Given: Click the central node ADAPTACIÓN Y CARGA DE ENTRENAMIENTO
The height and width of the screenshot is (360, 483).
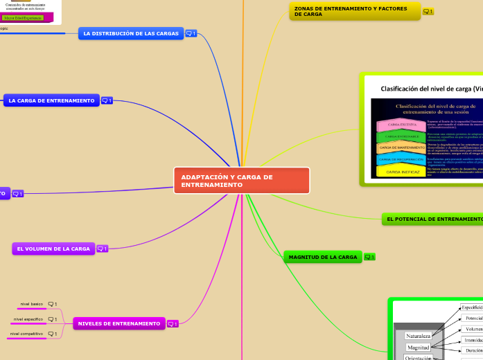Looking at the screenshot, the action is [241, 181].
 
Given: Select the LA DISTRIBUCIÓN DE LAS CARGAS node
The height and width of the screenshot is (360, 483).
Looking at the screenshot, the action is [130, 33].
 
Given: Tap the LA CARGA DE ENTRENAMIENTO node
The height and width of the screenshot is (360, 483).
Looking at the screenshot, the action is [51, 100].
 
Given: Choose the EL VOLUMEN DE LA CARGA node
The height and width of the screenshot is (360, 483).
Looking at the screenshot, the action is [53, 249].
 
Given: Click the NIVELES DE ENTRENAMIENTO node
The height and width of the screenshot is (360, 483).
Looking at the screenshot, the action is [118, 323].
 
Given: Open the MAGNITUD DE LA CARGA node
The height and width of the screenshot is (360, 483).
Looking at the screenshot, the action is [322, 257].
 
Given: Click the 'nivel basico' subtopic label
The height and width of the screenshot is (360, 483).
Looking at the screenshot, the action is [32, 304].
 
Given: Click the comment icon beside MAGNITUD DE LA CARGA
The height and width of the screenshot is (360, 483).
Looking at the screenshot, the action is [369, 258].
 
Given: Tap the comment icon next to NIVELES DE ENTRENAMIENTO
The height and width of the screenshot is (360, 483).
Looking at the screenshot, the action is [172, 323].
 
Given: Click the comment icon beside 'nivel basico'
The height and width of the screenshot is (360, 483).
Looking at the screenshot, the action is [52, 304].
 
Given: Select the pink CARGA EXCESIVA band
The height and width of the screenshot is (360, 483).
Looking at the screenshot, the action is [401, 125].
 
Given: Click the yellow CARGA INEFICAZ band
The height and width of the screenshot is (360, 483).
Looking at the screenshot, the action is [402, 171].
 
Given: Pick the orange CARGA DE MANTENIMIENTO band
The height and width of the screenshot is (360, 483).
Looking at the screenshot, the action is [402, 147].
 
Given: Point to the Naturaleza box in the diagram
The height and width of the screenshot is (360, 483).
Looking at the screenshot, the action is [418, 336].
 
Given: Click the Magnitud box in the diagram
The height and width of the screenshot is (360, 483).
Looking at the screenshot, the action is [418, 347].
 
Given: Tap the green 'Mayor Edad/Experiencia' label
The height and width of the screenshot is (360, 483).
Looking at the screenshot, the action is [24, 17].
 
